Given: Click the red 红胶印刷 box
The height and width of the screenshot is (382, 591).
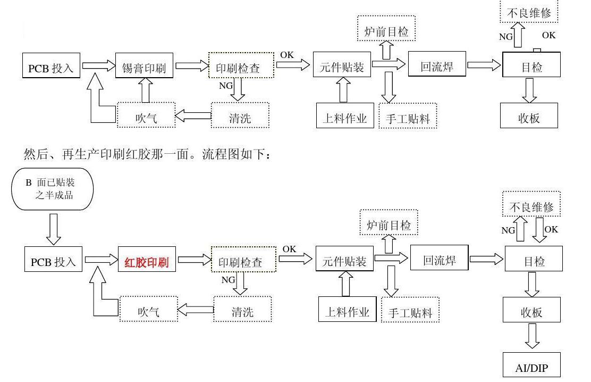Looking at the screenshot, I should tap(147, 262).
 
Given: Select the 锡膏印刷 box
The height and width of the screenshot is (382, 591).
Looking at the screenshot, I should tap(144, 68).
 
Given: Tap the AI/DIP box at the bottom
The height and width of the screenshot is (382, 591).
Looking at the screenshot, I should tap(531, 367).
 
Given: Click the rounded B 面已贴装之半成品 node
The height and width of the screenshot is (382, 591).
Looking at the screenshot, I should tap(52, 189).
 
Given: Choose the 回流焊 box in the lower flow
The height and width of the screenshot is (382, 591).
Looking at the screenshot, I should tap(439, 260).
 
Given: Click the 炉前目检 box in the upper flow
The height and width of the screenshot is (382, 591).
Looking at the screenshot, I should tap(386, 31).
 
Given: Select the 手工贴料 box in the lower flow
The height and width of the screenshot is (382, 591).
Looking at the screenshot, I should tap(410, 313).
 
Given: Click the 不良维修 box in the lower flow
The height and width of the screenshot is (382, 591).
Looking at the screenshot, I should tap(531, 206).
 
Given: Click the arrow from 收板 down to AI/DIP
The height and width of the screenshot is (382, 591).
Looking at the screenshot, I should tap(532, 336).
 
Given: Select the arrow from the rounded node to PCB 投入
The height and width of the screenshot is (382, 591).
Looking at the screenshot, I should tap(54, 228).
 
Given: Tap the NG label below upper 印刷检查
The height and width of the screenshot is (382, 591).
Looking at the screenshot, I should tap(225, 85).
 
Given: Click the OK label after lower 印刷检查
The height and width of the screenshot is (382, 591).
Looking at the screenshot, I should tap(289, 249).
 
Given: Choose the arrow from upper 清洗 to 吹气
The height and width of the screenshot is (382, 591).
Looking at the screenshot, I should tap(193, 115).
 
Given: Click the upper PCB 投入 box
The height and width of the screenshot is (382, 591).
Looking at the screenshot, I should tap(52, 68).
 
